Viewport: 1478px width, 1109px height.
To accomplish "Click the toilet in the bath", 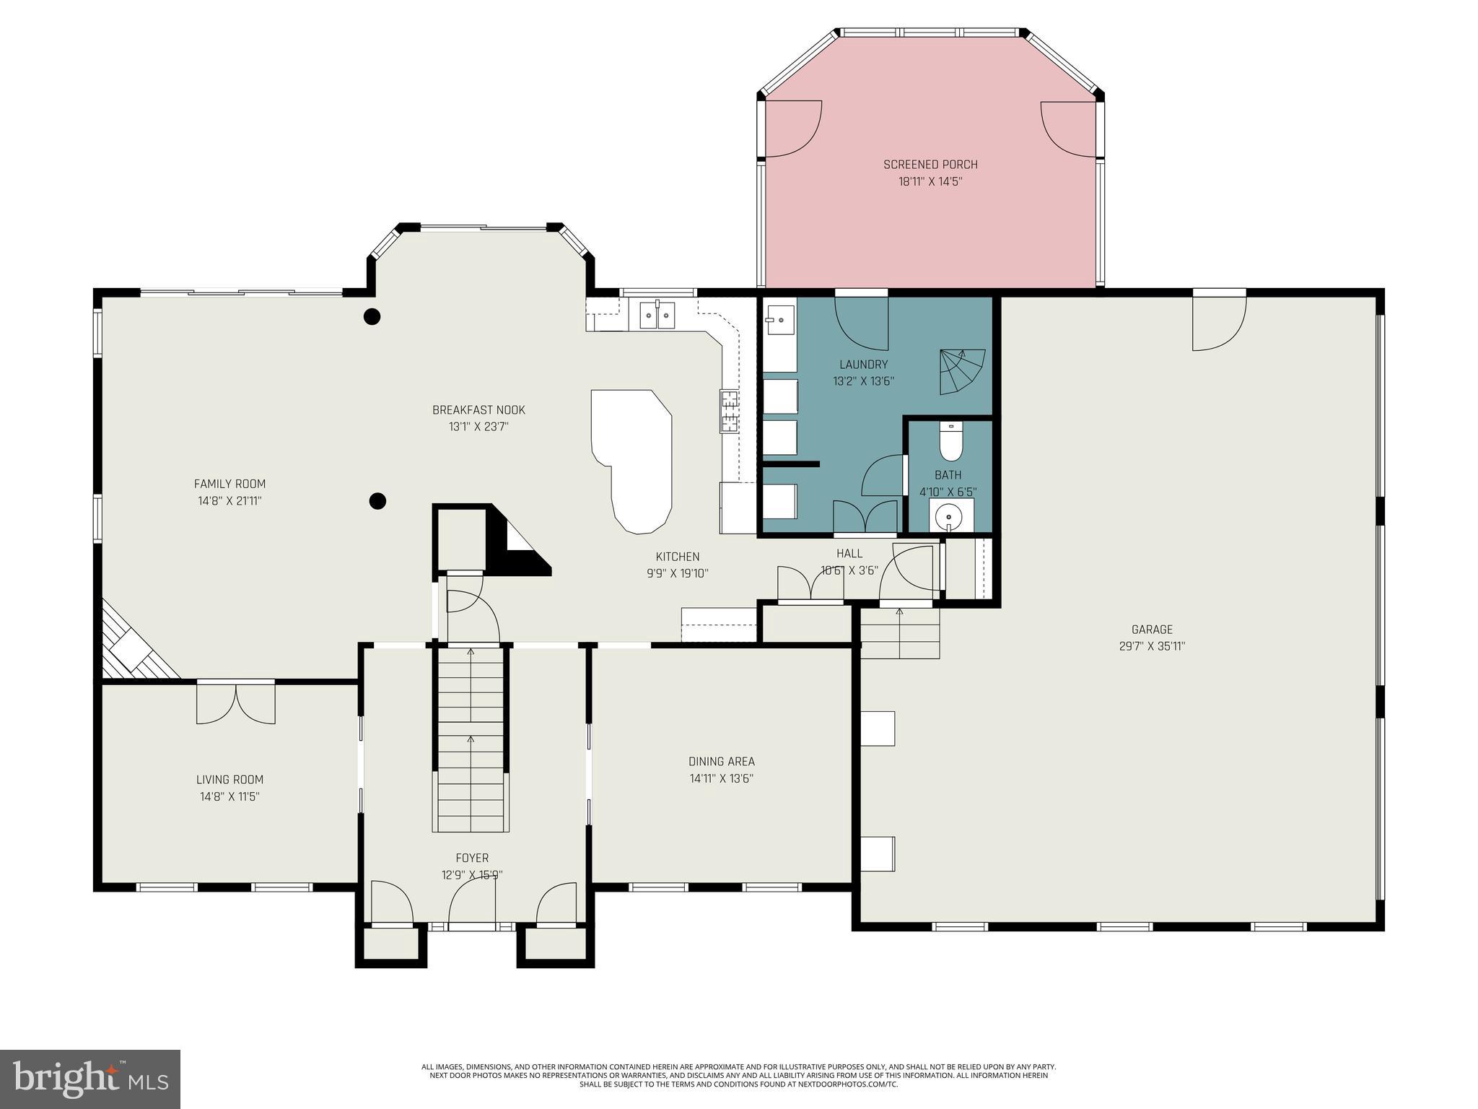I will pos(950,443).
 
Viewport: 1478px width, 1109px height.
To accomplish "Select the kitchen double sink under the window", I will pos(657,316).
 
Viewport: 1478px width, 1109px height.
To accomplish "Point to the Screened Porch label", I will pos(930,165).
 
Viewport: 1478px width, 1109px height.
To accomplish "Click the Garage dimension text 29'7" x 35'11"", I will pos(1152,647).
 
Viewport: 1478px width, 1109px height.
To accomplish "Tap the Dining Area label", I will pos(721,761).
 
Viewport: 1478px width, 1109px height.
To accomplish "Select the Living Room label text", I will pos(229,780).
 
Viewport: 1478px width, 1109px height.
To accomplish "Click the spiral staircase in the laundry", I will pos(962,372).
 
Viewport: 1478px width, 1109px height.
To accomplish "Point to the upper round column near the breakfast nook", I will pos(372,316).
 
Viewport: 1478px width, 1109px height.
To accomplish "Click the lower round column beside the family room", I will pos(377,500).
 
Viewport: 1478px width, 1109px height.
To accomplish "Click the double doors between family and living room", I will pos(236,703).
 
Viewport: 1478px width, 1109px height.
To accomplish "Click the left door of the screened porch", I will pos(792,129).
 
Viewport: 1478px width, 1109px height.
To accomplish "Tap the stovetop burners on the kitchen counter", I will pos(729,411).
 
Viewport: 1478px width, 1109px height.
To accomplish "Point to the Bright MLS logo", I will pos(89,1079).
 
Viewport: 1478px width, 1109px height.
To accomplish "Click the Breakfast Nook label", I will pos(478,410).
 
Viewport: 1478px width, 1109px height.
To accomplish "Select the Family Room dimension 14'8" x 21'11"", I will pos(229,501).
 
